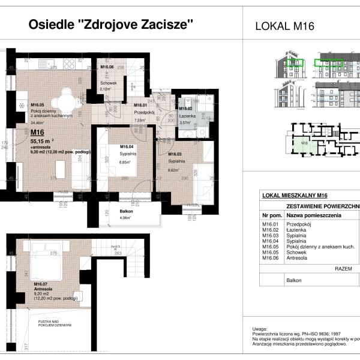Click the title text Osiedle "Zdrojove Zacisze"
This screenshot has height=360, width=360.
click(111, 25)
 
